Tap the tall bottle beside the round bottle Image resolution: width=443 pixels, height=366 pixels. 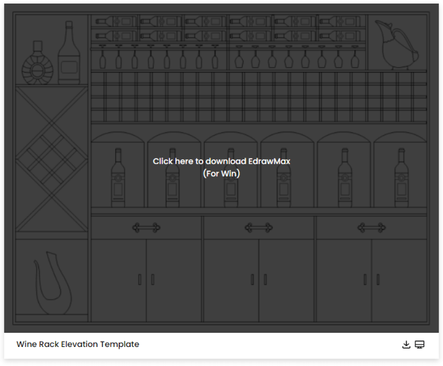click(x=69, y=53)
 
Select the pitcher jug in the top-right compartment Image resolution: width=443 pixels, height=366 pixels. click(x=396, y=45)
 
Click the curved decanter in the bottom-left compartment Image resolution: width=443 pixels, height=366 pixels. click(x=53, y=283)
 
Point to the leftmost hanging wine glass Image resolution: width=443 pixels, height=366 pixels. click(x=103, y=57)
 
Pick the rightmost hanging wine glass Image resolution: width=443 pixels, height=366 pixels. click(x=355, y=57)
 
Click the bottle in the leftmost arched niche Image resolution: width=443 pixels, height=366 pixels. click(x=118, y=177)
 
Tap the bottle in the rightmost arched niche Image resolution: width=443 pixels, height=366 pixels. click(x=401, y=177)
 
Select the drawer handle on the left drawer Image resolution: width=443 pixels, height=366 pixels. click(x=146, y=227)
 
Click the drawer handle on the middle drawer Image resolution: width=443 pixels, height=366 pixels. click(x=259, y=227)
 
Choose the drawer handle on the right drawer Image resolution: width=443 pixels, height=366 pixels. click(x=372, y=227)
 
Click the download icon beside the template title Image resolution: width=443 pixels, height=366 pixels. click(x=406, y=345)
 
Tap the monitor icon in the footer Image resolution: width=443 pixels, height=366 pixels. click(x=420, y=345)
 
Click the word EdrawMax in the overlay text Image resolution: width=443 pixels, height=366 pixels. click(x=269, y=161)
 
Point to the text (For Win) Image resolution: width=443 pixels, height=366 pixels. click(x=221, y=173)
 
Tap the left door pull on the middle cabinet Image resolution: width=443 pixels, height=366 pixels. click(x=253, y=280)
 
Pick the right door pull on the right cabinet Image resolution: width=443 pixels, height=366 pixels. click(x=378, y=280)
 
